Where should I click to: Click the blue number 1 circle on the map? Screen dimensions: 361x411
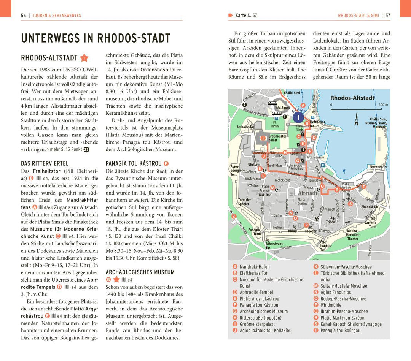pyautogui.click(x=298, y=117)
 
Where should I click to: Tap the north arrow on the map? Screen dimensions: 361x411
pyautogui.click(x=357, y=119)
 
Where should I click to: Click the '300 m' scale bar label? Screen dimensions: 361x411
pyautogui.click(x=383, y=104)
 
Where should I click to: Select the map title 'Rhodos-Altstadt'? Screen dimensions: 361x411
pyautogui.click(x=352, y=98)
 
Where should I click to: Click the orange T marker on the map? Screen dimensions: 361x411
pyautogui.click(x=364, y=186)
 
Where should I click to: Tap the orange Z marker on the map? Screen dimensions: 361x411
pyautogui.click(x=234, y=216)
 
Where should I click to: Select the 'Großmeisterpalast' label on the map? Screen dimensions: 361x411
pyautogui.click(x=278, y=138)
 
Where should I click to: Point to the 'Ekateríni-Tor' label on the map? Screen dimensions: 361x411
pyautogui.click(x=378, y=167)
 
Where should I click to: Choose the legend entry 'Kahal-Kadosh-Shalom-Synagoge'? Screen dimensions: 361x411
pyautogui.click(x=351, y=324)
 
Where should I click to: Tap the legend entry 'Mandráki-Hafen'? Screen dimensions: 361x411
pyautogui.click(x=255, y=267)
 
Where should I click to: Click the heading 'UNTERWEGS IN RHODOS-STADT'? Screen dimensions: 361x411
pyautogui.click(x=96, y=38)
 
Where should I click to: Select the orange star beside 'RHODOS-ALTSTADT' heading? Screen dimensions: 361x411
pyautogui.click(x=84, y=58)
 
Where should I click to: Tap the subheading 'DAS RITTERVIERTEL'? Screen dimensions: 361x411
pyautogui.click(x=45, y=163)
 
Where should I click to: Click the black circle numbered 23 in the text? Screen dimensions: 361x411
pyautogui.click(x=86, y=149)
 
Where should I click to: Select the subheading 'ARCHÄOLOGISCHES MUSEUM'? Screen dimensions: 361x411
pyautogui.click(x=140, y=272)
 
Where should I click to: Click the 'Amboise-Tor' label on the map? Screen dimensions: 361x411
pyautogui.click(x=245, y=127)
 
